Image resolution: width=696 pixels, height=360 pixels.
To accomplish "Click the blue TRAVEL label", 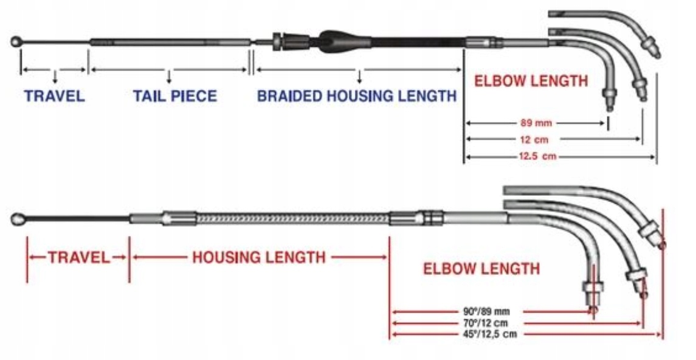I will (x=54, y=96).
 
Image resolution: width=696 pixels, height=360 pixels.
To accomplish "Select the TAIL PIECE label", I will (x=174, y=96).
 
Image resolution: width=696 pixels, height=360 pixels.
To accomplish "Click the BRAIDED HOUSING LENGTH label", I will (x=356, y=96).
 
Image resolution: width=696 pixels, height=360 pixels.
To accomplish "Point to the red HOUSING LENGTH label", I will (x=259, y=257).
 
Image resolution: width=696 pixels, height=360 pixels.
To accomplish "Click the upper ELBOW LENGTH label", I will (x=531, y=80).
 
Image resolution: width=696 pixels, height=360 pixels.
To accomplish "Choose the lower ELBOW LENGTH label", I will (x=481, y=268).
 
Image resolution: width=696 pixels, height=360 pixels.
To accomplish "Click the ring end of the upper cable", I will (x=16, y=43).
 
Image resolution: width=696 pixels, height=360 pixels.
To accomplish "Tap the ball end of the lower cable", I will (x=19, y=218).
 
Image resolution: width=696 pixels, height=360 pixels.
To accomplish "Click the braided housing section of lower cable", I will (x=292, y=218).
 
